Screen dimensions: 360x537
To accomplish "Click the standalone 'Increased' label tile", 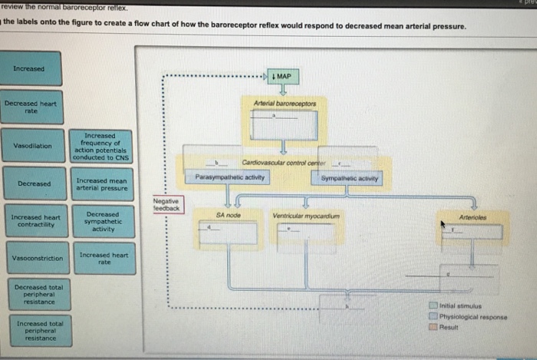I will pos(29,69).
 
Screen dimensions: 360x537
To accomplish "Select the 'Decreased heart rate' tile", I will pos(31,107).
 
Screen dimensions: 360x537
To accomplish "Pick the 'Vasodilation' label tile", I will pos(32,146).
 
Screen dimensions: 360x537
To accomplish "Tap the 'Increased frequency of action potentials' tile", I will pos(102,146).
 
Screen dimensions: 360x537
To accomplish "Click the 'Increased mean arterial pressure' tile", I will pos(102,184).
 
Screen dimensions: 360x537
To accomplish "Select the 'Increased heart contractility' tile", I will pos(35,222).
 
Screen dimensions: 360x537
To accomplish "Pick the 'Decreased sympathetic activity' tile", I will pos(102,222).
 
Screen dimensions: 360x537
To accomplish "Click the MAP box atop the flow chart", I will pos(282,78).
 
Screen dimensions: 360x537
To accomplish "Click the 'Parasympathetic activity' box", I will pos(229,178).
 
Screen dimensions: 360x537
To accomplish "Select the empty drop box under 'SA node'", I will pos(229,233).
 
